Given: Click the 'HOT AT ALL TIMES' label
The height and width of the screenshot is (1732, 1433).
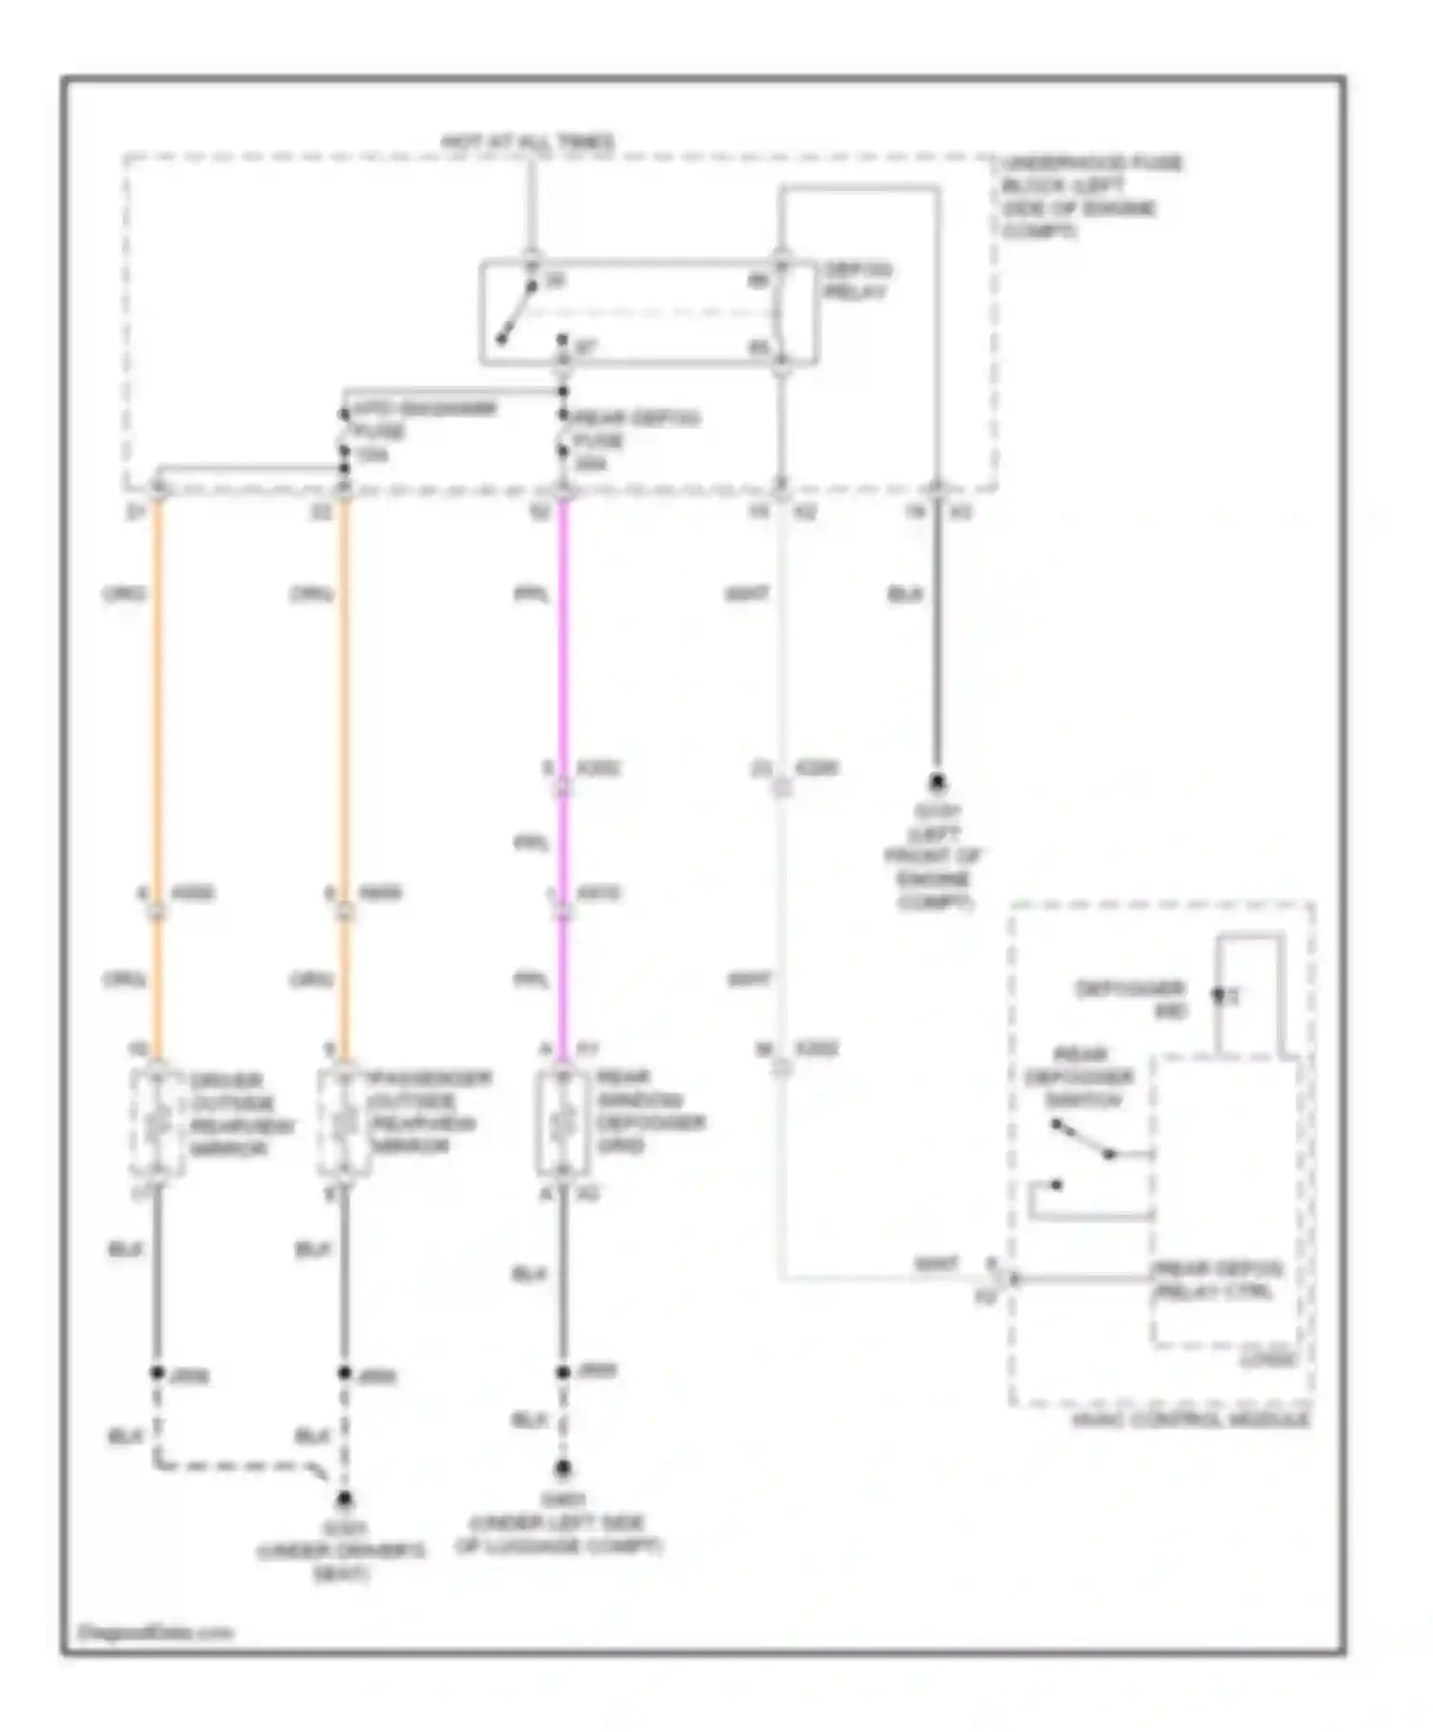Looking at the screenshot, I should [x=527, y=143].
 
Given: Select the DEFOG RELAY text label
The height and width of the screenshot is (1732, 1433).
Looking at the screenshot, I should [x=857, y=281].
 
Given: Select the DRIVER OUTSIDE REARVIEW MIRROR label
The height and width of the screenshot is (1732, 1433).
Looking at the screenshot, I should [x=242, y=1114].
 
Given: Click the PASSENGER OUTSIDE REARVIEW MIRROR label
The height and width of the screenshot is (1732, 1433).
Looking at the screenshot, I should [x=430, y=1112].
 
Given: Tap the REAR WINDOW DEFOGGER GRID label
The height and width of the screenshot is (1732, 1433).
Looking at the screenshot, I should [x=650, y=1110].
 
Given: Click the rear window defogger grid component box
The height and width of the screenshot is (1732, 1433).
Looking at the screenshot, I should [x=563, y=1123].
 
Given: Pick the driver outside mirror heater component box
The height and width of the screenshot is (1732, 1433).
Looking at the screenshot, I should [x=158, y=1123].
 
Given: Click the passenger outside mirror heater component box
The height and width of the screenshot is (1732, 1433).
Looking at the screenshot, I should [x=344, y=1123].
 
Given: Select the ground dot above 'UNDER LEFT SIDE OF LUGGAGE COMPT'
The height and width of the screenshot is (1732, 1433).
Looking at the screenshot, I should [x=563, y=1468].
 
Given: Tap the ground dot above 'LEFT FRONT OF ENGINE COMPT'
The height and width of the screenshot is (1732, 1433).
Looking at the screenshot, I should [x=937, y=783].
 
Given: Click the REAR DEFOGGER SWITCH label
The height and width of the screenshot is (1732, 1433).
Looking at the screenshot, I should [x=1080, y=1078].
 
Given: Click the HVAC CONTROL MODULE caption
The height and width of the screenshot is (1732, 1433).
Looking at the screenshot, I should [x=1189, y=1420].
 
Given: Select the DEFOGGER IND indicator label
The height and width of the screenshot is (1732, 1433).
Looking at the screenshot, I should [x=1131, y=999].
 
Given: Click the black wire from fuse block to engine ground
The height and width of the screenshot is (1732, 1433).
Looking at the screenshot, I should [x=937, y=649].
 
